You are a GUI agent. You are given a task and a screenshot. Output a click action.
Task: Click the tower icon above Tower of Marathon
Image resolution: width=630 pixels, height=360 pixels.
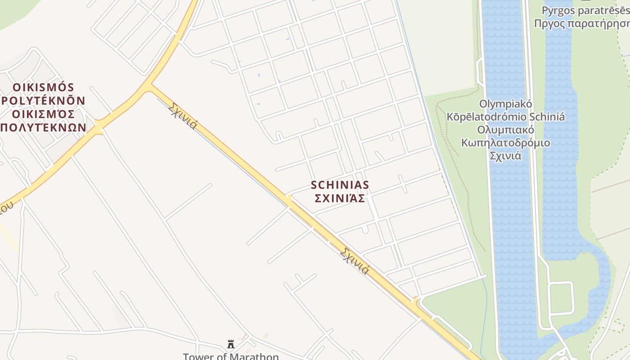(231, 344)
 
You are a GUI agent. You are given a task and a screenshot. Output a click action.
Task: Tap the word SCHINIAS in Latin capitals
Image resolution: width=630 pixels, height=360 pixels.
(340, 185)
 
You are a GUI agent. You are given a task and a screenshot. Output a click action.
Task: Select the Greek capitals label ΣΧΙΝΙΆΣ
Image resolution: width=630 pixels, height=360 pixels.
(340, 198)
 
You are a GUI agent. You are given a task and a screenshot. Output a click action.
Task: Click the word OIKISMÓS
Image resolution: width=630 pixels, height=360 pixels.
(43, 87)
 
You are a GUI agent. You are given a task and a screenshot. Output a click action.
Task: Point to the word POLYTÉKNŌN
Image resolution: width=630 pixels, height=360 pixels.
(43, 100)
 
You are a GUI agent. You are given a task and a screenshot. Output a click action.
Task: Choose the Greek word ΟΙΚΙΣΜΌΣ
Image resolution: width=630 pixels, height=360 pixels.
(43, 114)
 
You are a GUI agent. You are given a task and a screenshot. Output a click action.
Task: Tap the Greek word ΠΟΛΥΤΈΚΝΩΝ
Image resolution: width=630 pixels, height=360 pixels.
(43, 127)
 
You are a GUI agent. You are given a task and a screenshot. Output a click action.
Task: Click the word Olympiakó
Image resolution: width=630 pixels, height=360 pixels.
(505, 104)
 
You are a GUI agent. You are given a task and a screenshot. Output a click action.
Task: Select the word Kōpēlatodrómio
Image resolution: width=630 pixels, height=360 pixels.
(486, 117)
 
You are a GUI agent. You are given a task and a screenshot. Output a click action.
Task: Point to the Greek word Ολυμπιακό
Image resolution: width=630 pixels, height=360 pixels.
(505, 130)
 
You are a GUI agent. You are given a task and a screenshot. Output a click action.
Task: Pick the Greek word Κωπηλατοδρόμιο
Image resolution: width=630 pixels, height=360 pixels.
(505, 143)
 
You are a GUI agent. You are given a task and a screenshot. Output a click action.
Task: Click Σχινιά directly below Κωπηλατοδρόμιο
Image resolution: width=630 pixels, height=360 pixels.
(505, 156)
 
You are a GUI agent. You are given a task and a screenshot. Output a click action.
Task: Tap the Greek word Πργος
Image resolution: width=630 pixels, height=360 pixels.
(548, 23)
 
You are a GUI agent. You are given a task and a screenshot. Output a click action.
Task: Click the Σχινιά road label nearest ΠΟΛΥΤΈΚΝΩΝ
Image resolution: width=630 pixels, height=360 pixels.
(183, 116)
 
